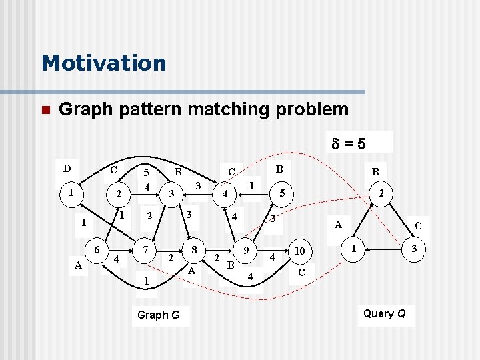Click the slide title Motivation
tap(103, 63)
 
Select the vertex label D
tap(67, 167)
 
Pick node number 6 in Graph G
tap(97, 249)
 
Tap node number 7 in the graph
tap(145, 249)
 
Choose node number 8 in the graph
tap(194, 249)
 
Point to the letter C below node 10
tap(301, 272)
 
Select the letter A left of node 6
tap(79, 265)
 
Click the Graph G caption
tap(158, 315)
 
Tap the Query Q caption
tap(385, 313)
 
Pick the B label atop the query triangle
tap(375, 171)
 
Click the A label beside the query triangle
tap(338, 225)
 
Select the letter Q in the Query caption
tap(401, 313)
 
